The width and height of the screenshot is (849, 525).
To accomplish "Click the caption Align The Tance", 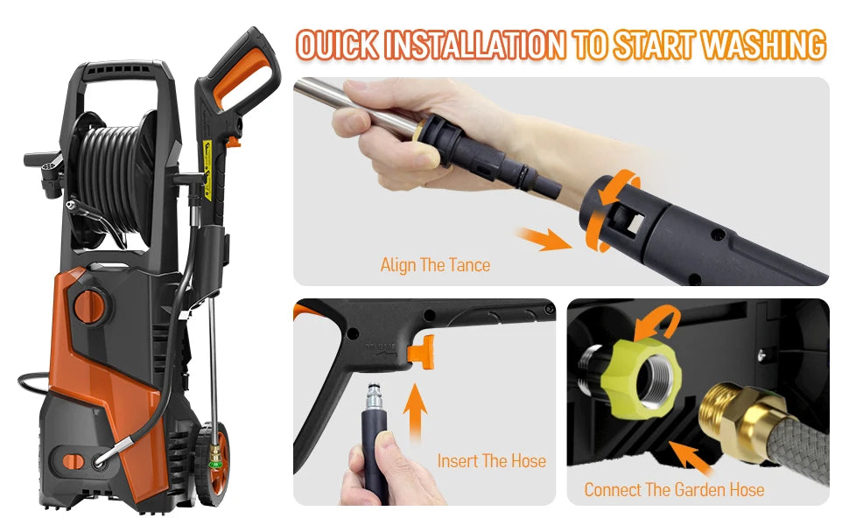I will (435, 264).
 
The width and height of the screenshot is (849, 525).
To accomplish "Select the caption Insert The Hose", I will (492, 461).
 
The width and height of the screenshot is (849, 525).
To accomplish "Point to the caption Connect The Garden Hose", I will (674, 489).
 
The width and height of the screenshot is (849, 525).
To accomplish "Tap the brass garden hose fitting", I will (736, 412).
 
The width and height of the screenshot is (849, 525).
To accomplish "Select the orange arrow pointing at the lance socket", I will (543, 239).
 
